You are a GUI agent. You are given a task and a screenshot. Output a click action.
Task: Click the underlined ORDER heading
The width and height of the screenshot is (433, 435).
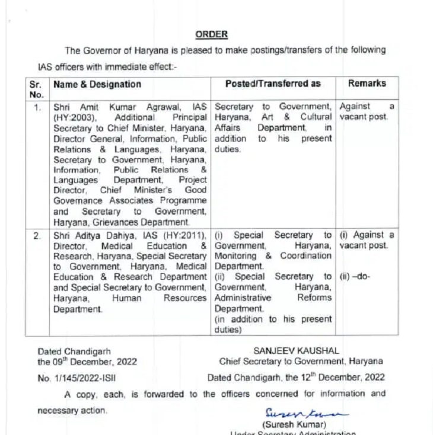point(211,34)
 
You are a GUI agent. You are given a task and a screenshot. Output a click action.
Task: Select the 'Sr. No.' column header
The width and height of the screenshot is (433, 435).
point(37,89)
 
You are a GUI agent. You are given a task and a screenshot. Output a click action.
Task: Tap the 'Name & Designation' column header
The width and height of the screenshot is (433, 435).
point(97,84)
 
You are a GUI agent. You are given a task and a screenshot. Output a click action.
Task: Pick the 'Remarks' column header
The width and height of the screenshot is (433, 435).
point(367,84)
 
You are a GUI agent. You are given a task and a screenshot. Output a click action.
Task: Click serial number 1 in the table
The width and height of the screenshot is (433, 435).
point(37,107)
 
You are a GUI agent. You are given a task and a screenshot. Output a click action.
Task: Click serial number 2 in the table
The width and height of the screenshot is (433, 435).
point(37,236)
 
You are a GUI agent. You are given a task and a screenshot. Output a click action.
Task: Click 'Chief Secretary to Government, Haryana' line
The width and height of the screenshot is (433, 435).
point(301,362)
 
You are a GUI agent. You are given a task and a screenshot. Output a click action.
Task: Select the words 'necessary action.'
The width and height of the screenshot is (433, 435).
point(72,410)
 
